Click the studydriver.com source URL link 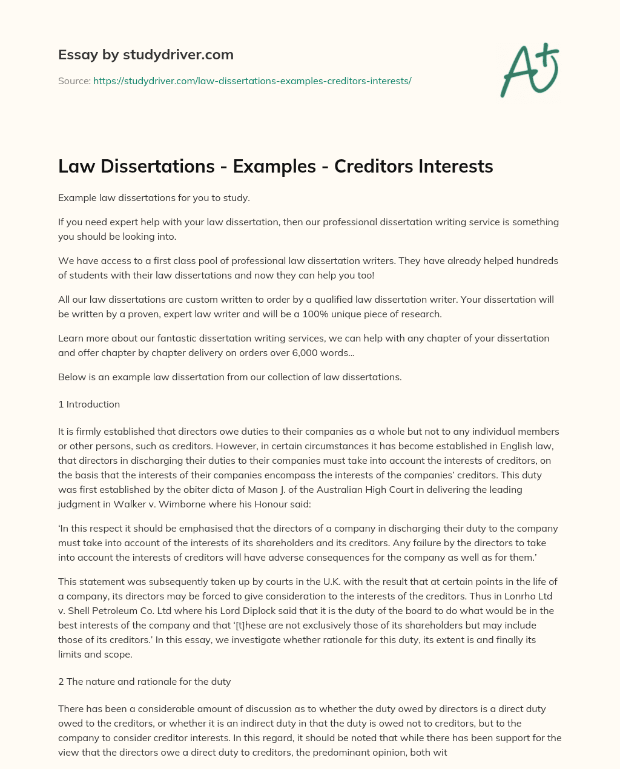pos(252,81)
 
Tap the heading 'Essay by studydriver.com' pos(146,54)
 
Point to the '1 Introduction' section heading pos(89,404)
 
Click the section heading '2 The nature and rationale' pos(144,681)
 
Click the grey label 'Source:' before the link pos(74,81)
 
